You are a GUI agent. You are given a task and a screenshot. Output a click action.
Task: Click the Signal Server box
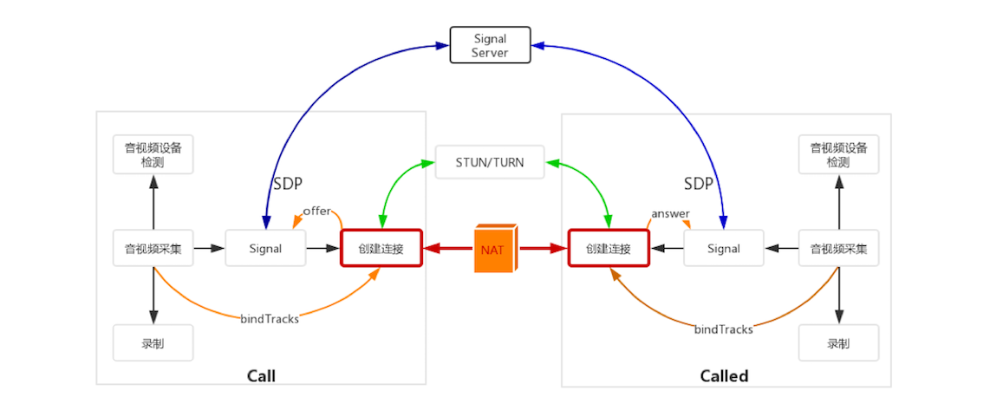tap(489, 45)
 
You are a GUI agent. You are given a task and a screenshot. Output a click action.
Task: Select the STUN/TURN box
tap(490, 162)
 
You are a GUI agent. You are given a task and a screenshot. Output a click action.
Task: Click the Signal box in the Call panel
tap(265, 249)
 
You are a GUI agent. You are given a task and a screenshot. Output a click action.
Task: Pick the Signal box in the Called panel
tap(724, 249)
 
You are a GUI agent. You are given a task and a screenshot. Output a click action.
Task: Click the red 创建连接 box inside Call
tap(381, 249)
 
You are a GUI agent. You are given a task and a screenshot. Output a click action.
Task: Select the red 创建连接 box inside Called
tap(608, 249)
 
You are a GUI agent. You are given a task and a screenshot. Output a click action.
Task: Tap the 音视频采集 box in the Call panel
tap(153, 249)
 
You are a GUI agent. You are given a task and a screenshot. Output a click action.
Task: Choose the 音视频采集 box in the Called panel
tap(838, 249)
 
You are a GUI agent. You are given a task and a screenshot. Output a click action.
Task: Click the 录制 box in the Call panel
tap(153, 343)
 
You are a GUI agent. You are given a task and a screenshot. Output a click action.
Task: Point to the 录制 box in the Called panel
tap(838, 343)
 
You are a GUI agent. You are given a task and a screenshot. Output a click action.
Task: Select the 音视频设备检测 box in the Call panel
tap(153, 154)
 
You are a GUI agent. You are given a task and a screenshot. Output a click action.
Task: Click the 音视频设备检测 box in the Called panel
tap(838, 154)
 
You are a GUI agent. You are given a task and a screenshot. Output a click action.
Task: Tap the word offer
tap(317, 212)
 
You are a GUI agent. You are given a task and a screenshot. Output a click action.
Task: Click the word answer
tap(670, 213)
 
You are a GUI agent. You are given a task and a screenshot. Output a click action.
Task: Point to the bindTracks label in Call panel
tap(270, 319)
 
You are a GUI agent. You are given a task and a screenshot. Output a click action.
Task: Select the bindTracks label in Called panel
tap(724, 329)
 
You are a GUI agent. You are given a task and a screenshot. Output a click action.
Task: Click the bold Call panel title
tap(261, 375)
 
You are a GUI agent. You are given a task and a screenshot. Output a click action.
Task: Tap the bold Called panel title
tap(724, 375)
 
